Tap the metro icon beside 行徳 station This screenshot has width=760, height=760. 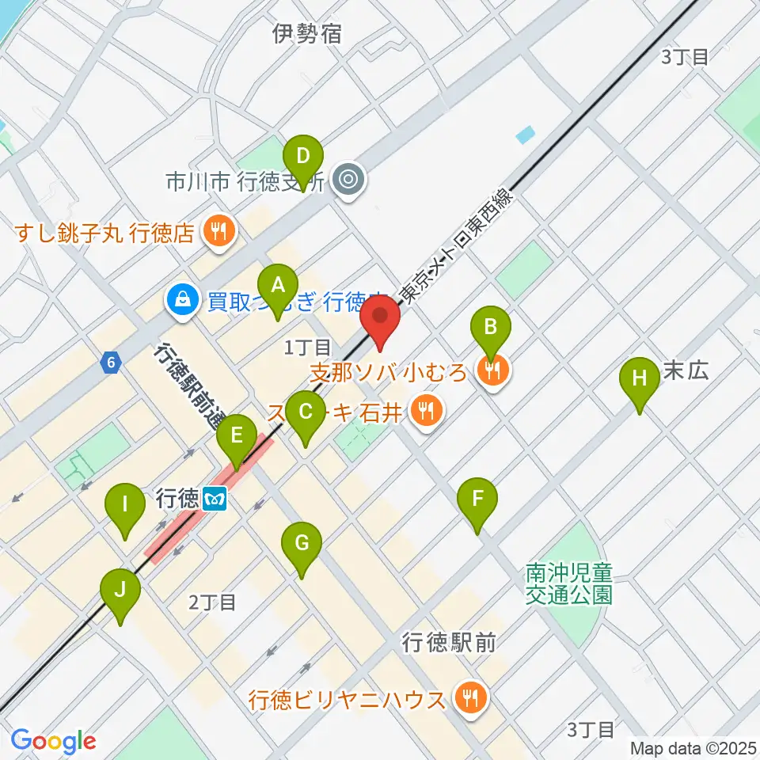[214, 500]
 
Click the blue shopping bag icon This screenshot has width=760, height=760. [183, 300]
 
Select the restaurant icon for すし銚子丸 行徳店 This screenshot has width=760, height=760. [215, 232]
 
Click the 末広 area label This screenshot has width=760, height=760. [684, 370]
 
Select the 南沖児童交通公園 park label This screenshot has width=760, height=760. [569, 583]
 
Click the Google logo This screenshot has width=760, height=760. [53, 741]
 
